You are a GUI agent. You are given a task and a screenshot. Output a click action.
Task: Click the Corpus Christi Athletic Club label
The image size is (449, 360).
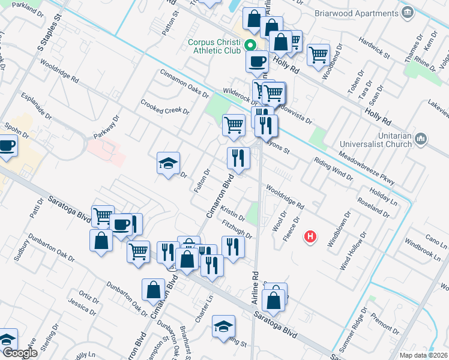pos(214,46)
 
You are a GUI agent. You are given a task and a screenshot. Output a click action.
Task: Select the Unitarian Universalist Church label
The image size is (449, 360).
pos(375,140)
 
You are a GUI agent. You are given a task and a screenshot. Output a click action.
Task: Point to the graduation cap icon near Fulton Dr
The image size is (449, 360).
pos(169,163)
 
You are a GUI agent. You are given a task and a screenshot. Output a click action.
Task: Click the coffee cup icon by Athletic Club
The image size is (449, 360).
pos(258,61)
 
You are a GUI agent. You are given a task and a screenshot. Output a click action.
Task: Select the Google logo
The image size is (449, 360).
pos(19,353)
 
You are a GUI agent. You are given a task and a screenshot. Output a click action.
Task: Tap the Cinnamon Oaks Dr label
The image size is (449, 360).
pos(184,83)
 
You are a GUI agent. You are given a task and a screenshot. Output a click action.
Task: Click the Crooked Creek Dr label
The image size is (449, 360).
pos(165,107)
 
